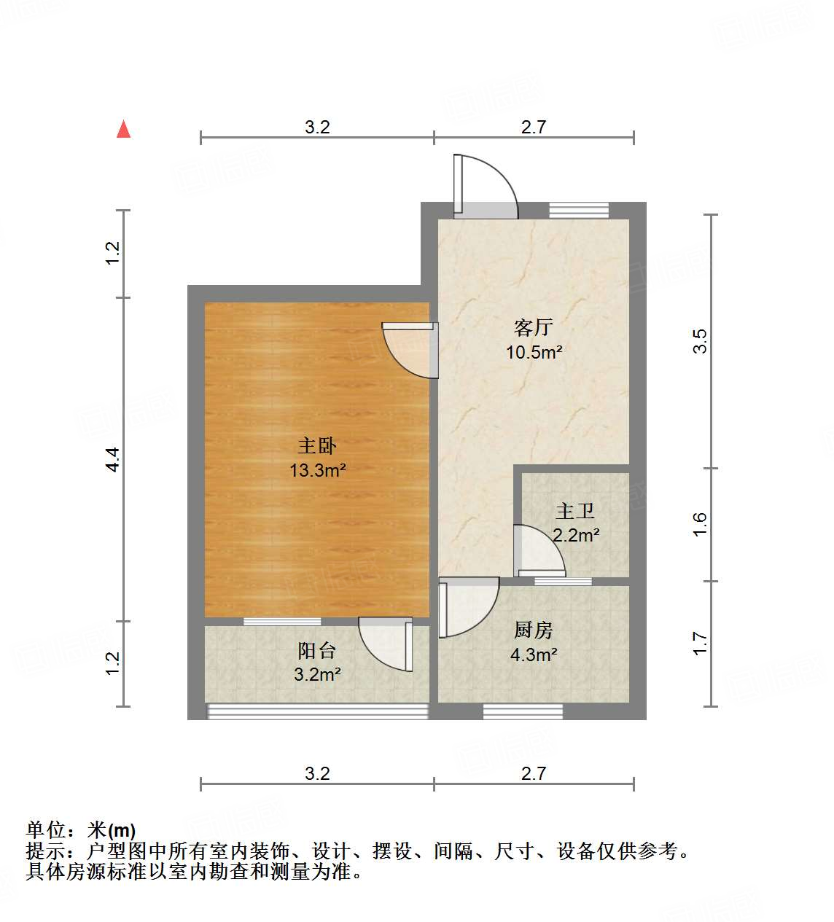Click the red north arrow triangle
pos(124,130)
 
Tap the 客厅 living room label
pos(534,327)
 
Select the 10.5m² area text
pos(534,353)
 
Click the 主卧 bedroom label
pos(317,445)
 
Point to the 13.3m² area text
pos(317,471)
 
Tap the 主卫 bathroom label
pos(575,511)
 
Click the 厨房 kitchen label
pos(534,629)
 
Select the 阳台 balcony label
pos(317,649)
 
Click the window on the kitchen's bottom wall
pos(523,711)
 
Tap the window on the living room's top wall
pos(578,210)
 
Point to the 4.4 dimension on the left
pos(113,459)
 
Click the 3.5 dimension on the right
pos(700,341)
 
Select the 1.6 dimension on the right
pos(700,525)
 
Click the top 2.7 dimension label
pos(534,127)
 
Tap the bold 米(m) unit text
pos(112,830)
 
